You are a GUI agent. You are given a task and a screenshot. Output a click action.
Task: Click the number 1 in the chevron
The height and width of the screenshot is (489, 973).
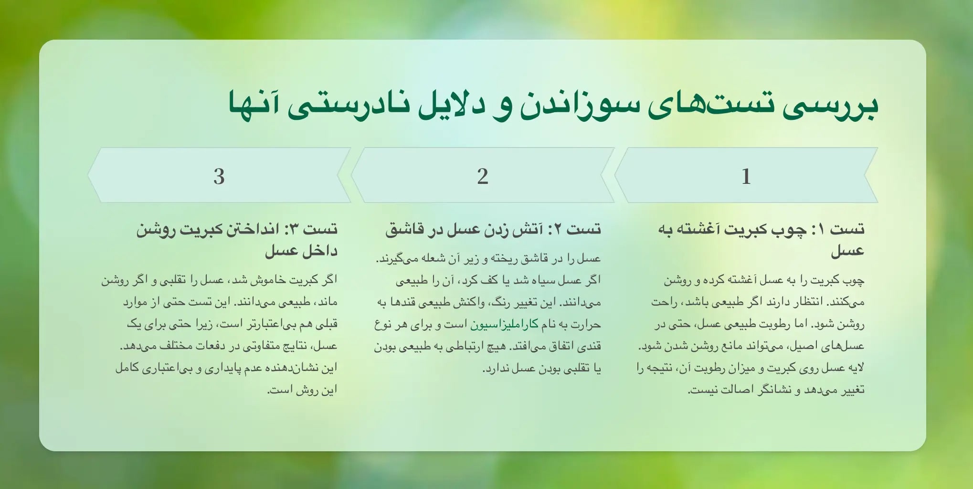pos(746,176)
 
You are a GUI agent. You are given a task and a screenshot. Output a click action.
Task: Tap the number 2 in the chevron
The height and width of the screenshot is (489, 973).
pos(482,176)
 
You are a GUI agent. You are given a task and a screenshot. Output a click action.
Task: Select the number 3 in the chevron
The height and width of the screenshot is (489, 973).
pos(219,176)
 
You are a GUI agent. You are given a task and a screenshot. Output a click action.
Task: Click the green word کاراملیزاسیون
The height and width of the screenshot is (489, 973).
pos(505,325)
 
